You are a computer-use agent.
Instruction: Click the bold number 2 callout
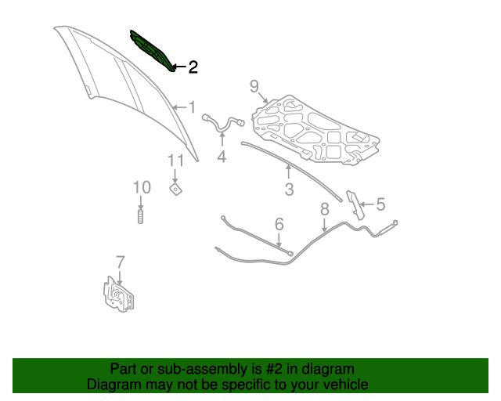pos(193,67)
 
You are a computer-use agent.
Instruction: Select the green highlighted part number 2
pos(152,51)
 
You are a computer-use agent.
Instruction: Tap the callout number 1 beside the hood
pos(192,107)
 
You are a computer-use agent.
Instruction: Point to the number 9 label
pos(254,86)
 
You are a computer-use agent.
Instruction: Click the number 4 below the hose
pos(222,157)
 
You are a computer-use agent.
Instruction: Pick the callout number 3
pos(289,190)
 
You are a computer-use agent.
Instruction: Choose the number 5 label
pos(380,204)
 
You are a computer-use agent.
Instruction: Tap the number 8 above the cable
pos(325,209)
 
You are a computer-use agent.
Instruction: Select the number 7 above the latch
pos(120,262)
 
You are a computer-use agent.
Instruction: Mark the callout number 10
pos(142,187)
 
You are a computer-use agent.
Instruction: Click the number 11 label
pos(175,161)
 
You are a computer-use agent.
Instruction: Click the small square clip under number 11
pos(175,189)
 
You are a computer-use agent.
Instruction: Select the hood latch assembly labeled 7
pos(118,294)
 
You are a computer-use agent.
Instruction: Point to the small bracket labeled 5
pos(355,205)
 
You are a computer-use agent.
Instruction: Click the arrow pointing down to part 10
pos(141,203)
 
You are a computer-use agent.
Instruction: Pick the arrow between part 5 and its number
pos(367,204)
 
